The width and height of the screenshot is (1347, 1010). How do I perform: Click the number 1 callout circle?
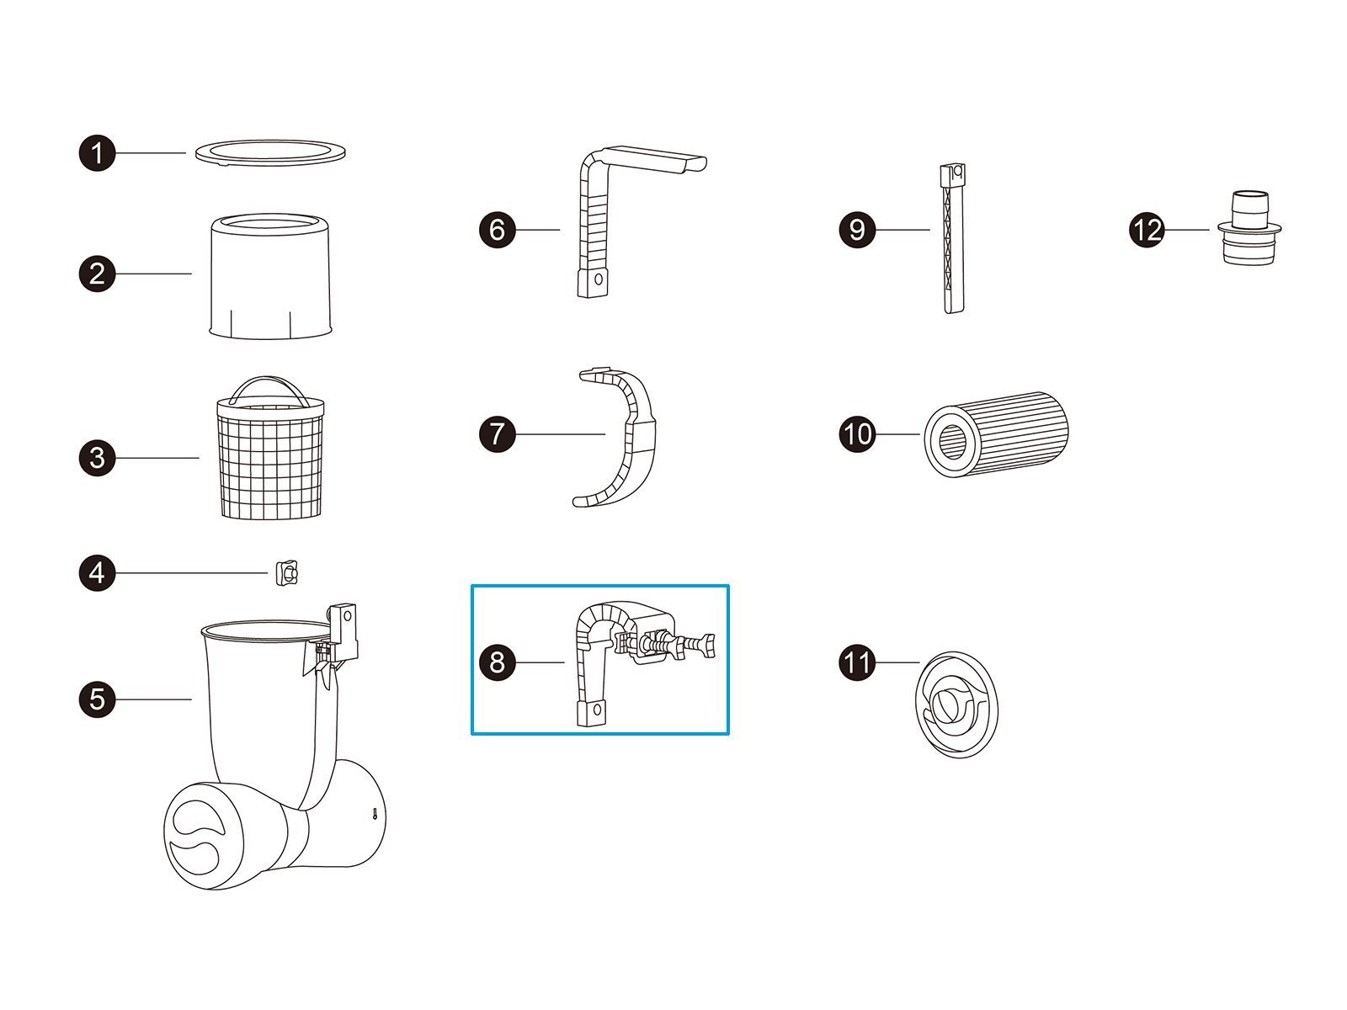97,152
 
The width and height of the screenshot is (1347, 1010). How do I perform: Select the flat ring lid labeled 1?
270,152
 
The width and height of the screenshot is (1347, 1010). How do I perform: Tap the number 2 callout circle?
97,274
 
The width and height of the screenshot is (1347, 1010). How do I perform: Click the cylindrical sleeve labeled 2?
270,276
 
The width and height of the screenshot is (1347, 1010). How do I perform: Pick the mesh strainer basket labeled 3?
270,457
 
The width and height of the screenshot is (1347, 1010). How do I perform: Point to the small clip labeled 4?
286,574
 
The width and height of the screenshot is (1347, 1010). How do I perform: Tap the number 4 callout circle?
97,573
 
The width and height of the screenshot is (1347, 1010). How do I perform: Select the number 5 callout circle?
97,699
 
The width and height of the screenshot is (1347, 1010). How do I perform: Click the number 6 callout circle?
497,230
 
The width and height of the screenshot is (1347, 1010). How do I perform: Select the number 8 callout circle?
497,662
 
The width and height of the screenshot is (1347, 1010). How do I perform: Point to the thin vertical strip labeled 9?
952,239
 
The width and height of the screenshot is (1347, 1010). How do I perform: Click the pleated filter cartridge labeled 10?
996,434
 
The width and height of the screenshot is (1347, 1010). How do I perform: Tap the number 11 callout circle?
857,662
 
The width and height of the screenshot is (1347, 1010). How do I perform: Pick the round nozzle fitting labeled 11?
956,704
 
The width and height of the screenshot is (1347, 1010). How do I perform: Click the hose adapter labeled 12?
1249,228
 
